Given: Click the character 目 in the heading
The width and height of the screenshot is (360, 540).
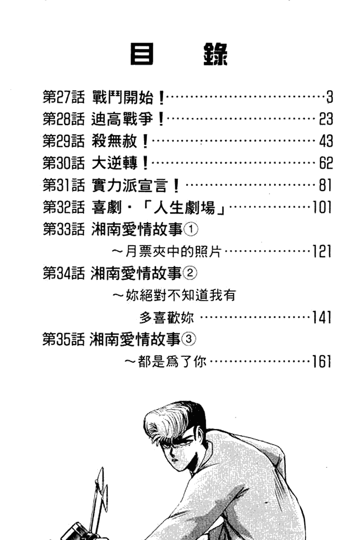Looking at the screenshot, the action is [142, 54].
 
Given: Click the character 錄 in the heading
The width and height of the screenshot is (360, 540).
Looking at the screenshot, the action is [215, 54].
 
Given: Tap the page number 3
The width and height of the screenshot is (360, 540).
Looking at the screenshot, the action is [330, 97].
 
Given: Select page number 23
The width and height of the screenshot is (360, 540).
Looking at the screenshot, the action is [326, 119].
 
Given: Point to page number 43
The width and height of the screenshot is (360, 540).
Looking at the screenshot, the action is [326, 141].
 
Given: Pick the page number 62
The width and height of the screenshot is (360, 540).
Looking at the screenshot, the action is [326, 163].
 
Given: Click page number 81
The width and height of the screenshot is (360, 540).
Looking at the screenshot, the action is [325, 185].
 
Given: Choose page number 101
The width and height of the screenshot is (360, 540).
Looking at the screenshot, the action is [322, 207].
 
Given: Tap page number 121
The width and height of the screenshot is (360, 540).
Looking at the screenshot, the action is [322, 251].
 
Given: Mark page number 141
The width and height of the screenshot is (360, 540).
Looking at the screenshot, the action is [322, 317].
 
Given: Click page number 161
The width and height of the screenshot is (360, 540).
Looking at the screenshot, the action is [322, 361].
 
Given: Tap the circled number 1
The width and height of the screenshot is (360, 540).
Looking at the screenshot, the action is [191, 229].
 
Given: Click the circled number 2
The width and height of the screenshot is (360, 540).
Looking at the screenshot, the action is [190, 273].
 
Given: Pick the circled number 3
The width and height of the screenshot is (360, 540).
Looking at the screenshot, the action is [189, 339].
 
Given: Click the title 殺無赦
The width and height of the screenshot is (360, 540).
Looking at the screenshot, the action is [114, 141].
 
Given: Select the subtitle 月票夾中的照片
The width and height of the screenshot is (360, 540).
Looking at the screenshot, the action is [173, 251].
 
